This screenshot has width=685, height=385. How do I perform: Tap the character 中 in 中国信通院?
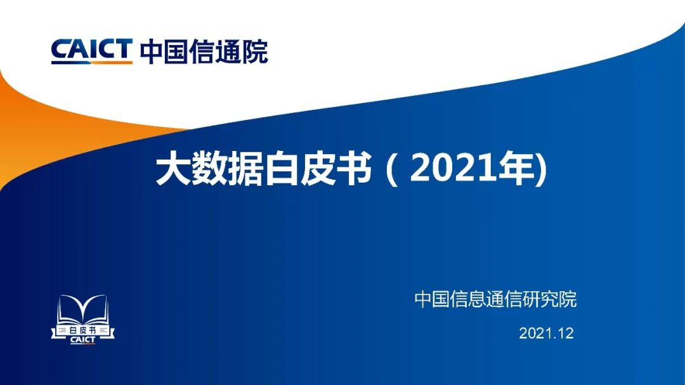(x=152, y=51)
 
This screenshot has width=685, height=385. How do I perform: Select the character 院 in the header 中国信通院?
(x=255, y=51)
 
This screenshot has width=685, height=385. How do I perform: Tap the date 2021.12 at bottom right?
(x=546, y=334)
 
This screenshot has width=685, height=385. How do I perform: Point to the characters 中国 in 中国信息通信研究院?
(x=431, y=300)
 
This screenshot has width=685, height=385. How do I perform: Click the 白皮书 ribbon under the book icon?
(x=82, y=330)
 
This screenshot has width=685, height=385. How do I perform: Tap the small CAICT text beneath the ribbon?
(x=82, y=339)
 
